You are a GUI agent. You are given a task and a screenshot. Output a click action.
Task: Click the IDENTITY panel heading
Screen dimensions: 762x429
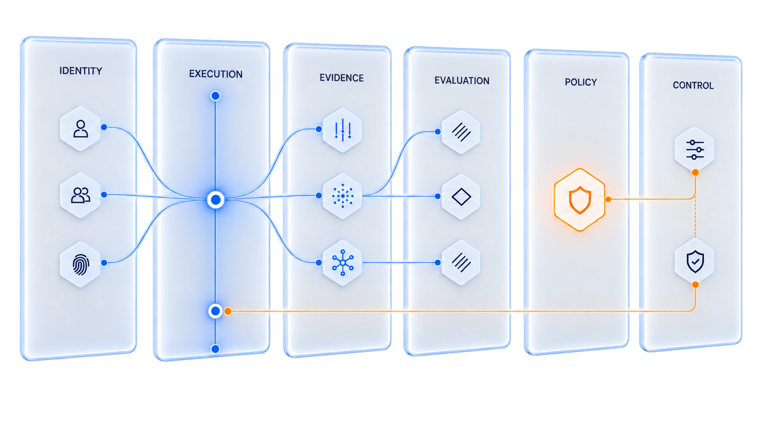(81, 71)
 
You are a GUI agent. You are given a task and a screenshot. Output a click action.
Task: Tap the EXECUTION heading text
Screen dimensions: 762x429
(216, 74)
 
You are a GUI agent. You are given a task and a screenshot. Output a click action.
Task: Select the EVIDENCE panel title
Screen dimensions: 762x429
(341, 78)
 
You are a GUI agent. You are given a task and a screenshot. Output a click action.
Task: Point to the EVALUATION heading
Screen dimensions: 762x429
(462, 81)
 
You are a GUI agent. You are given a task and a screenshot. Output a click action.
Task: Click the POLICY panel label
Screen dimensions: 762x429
(581, 83)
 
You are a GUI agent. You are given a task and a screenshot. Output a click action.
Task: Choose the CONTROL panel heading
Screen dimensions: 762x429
(693, 85)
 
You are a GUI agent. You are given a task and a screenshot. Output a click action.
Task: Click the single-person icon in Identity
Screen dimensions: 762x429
(81, 129)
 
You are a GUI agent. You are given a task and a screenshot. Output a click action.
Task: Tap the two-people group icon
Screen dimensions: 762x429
(81, 195)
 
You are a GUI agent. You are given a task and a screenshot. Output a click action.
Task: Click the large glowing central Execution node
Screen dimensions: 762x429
(216, 200)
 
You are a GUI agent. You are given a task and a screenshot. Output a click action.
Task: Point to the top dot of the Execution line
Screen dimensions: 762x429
(215, 96)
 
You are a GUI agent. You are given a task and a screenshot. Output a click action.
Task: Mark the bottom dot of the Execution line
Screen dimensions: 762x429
(215, 349)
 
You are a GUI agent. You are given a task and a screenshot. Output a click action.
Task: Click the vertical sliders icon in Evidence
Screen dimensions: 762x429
(343, 130)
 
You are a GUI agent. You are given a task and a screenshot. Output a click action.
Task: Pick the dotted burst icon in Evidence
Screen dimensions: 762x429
(343, 196)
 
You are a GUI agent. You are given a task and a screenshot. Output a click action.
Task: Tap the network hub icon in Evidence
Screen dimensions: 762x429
(343, 262)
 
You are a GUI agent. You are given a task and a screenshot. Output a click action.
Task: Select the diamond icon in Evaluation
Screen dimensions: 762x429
(461, 196)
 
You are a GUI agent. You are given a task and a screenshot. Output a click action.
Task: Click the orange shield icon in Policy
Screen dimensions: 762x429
(580, 200)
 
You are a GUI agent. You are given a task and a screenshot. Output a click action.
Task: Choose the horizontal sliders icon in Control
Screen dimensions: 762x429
(695, 150)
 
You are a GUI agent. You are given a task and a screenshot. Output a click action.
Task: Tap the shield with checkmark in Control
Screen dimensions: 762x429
(695, 262)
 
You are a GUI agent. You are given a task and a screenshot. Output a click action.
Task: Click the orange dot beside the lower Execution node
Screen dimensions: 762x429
(228, 311)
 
